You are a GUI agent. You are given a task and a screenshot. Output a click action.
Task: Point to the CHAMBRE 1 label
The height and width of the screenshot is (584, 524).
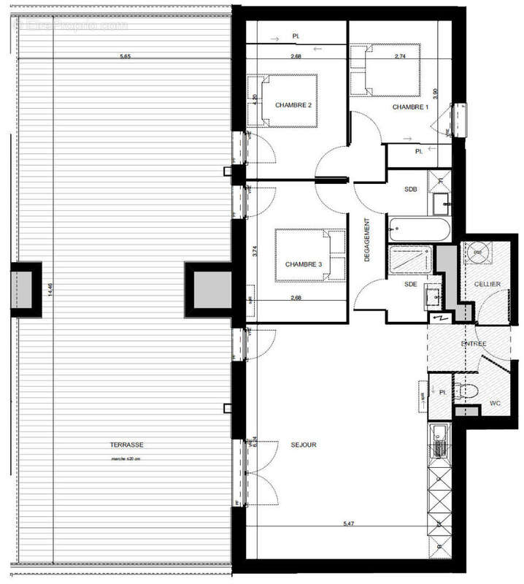[x=410, y=107]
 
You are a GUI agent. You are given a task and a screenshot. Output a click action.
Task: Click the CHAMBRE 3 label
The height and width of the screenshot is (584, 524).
[x=303, y=264]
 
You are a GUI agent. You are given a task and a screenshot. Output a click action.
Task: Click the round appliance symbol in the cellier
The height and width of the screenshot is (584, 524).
[x=478, y=253]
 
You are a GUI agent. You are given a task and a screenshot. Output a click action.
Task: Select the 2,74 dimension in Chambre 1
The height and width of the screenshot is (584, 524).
[x=400, y=55]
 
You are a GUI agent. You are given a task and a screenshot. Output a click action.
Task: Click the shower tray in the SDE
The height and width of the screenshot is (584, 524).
[x=412, y=258]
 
